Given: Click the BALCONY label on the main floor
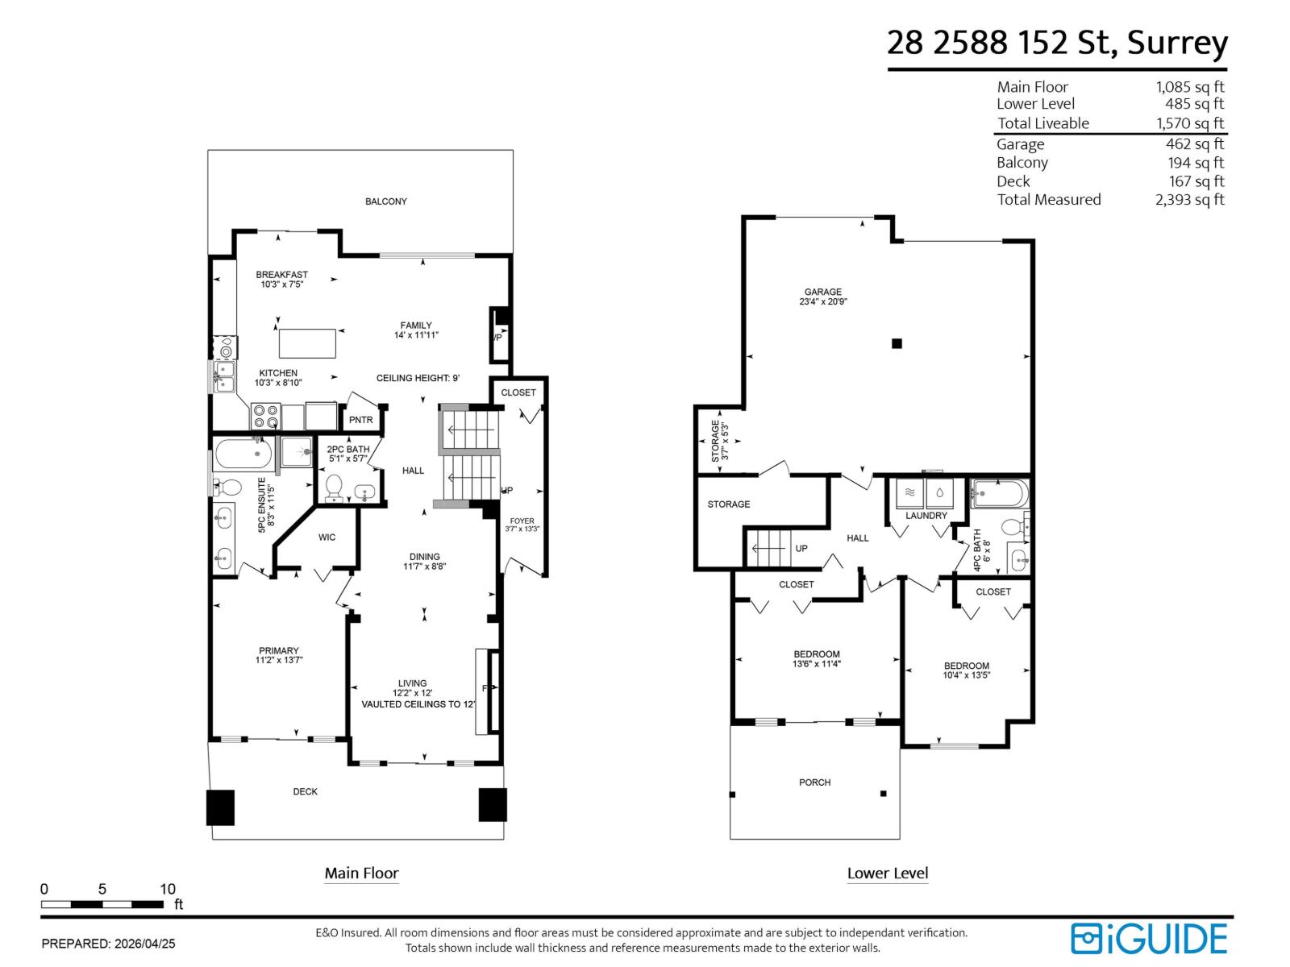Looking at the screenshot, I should pos(385,201).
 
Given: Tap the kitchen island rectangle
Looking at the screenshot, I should pos(307,343).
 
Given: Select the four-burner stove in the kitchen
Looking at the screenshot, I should pos(265,417).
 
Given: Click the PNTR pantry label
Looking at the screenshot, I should pos(360,420).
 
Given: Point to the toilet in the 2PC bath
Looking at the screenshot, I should pos(334,488).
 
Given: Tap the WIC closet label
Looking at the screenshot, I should pos(327,537).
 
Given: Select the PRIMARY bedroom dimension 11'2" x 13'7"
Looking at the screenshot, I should pos(279,661).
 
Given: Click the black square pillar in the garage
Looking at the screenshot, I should pos(897,344).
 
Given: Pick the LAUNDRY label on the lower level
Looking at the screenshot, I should pos(926,516).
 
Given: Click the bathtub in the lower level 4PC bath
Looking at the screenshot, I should pos(1000,492).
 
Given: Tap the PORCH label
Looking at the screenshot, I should pos(814,782).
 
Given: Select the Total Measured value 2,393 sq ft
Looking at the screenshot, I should pos(1189,200).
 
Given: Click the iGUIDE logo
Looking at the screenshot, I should pos(1149,939).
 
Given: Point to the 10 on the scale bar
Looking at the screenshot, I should pos(167,890).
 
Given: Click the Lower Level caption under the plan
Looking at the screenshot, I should pos(887,874).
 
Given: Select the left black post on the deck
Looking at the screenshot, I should pos(220,807).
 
